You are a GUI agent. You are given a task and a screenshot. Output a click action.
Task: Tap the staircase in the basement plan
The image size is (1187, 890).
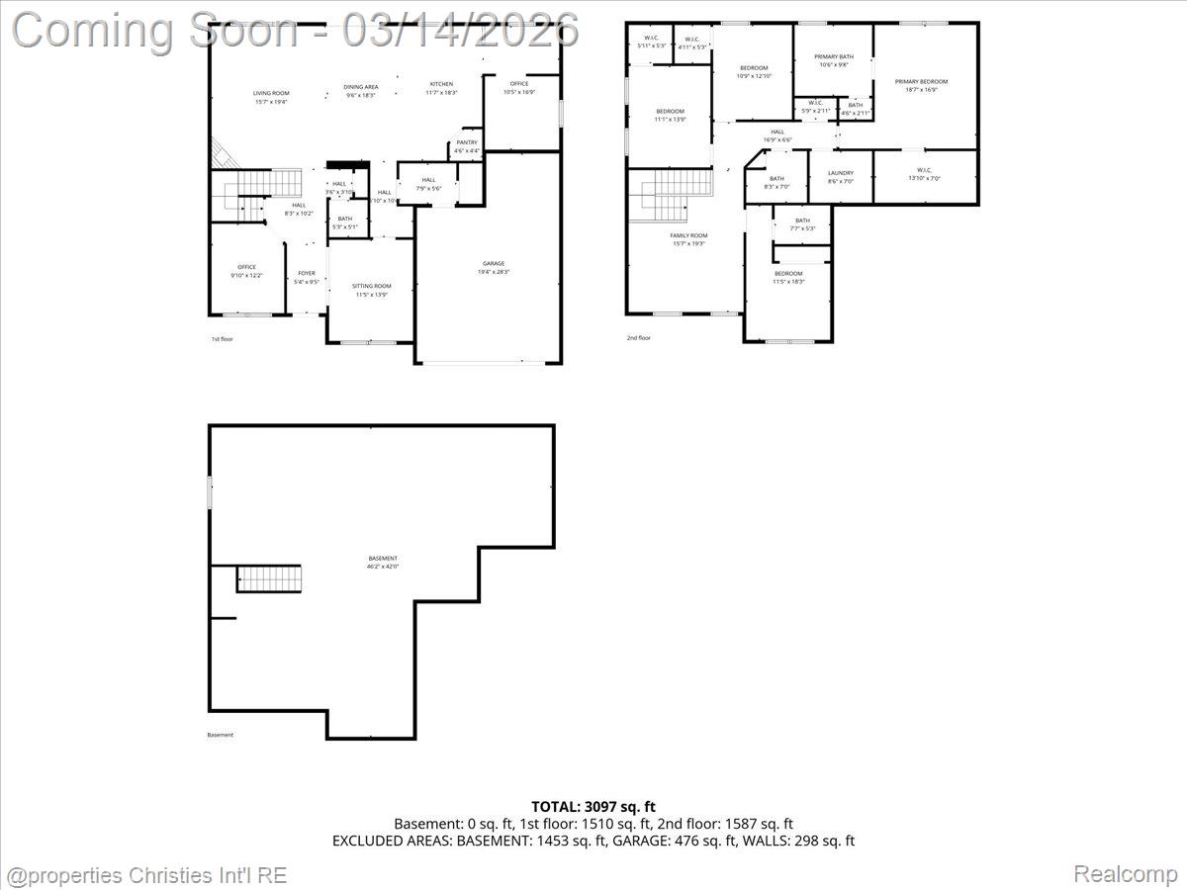(268, 578)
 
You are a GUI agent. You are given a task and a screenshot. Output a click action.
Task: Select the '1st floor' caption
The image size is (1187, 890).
(222, 339)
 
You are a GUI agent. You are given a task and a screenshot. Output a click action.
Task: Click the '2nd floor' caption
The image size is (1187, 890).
(638, 338)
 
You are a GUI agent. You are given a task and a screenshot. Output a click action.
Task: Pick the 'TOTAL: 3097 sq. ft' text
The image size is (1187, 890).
(593, 807)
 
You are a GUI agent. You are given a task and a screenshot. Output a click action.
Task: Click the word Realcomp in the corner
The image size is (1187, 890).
(1125, 874)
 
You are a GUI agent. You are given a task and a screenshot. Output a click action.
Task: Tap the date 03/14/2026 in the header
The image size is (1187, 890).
(460, 30)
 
